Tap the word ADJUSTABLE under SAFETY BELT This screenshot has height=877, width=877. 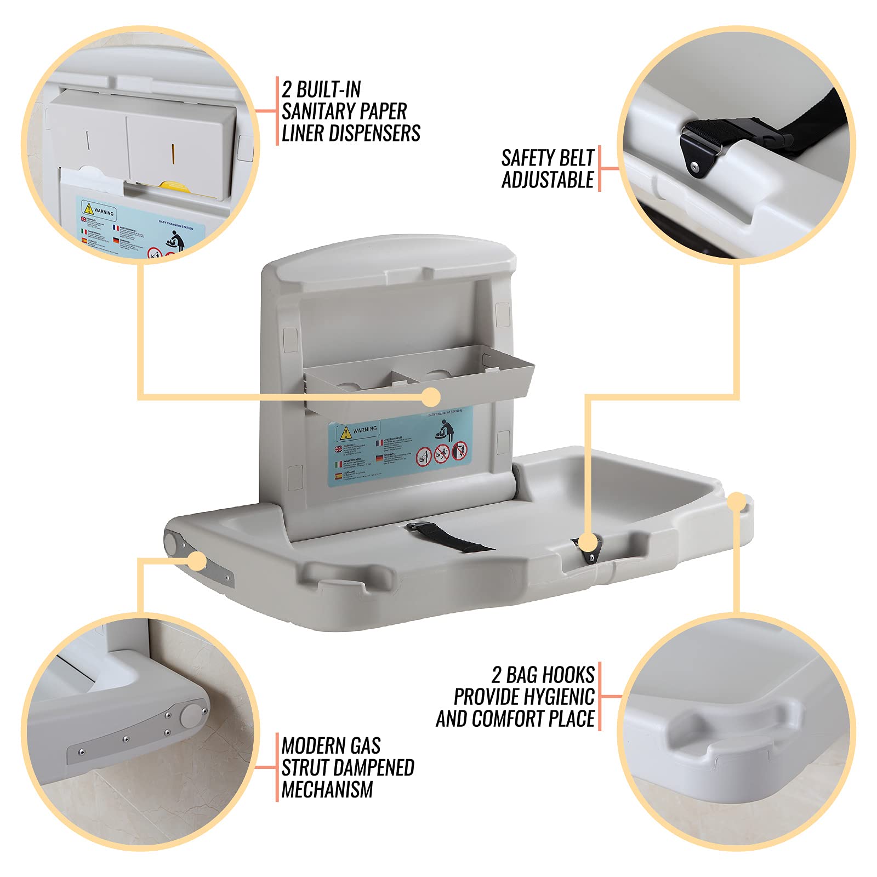pos(548,180)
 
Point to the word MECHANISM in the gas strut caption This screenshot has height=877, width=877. pos(327,789)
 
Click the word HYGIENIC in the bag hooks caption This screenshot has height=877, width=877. pos(559,697)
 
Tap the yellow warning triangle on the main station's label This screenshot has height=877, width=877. pos(345,432)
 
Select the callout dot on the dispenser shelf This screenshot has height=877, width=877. pos(431,397)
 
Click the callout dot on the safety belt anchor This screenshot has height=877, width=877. pos(588,543)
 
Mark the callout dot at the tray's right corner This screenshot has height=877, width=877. pos(736,501)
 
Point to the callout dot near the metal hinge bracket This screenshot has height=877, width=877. pos(197,561)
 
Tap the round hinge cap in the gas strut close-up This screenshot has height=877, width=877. pos(192,715)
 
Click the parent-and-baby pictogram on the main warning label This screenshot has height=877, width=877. pos(446,430)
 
